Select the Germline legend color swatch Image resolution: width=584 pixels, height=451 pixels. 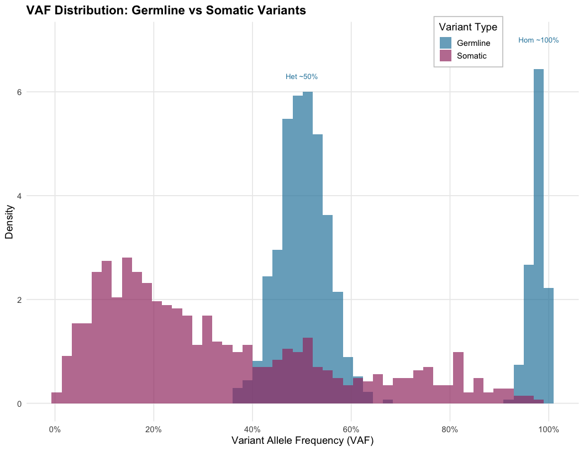[x=446, y=43]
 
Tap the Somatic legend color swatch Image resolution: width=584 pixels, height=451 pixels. [x=446, y=56]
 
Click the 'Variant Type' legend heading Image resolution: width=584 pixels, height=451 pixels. [x=467, y=27]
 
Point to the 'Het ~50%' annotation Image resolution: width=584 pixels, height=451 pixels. [x=302, y=77]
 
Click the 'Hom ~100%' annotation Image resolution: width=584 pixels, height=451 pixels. [x=539, y=40]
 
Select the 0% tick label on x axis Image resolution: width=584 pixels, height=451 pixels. [x=55, y=429]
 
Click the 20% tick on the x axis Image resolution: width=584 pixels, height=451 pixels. [x=154, y=429]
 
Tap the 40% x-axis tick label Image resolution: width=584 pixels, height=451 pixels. [x=252, y=429]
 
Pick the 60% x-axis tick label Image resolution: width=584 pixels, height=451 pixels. [x=351, y=429]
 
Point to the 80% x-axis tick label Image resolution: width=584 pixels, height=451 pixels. [x=450, y=429]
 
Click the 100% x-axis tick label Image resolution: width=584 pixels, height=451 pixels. [x=549, y=429]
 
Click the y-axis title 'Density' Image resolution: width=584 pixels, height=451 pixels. [x=9, y=222]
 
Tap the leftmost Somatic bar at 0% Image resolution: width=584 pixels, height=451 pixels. [x=56, y=398]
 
